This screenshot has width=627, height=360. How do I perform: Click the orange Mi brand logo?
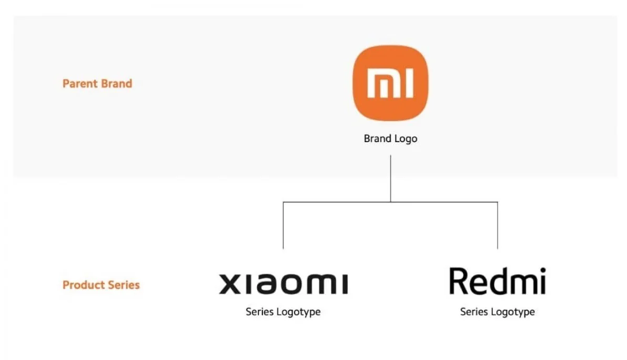point(390,83)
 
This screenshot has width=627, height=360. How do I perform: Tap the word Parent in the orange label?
point(78,84)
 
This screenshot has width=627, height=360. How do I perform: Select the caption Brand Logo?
point(390,139)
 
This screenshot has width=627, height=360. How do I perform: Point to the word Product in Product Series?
point(82,285)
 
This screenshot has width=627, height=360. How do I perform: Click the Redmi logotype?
point(497,282)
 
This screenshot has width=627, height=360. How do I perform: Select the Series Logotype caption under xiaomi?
point(283,312)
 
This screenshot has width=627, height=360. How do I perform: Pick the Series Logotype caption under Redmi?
point(497,312)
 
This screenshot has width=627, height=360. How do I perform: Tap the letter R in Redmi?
point(459,281)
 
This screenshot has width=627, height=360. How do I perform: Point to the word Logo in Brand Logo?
point(406,139)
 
